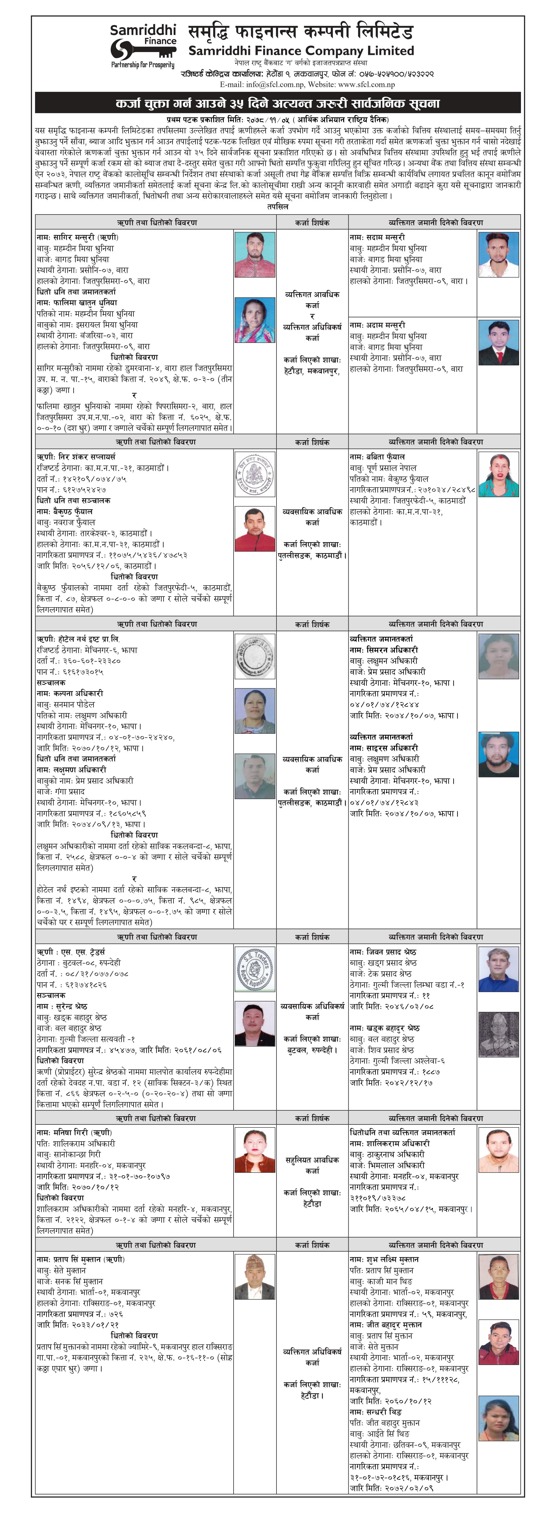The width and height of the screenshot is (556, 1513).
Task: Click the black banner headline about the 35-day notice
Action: pyautogui.click(x=277, y=103)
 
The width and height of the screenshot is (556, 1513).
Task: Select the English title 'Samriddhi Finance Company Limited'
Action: pyautogui.click(x=301, y=51)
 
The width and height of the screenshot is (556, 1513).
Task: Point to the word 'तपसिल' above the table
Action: pyautogui.click(x=277, y=207)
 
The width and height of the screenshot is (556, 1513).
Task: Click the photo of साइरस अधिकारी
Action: pyautogui.click(x=498, y=755)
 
